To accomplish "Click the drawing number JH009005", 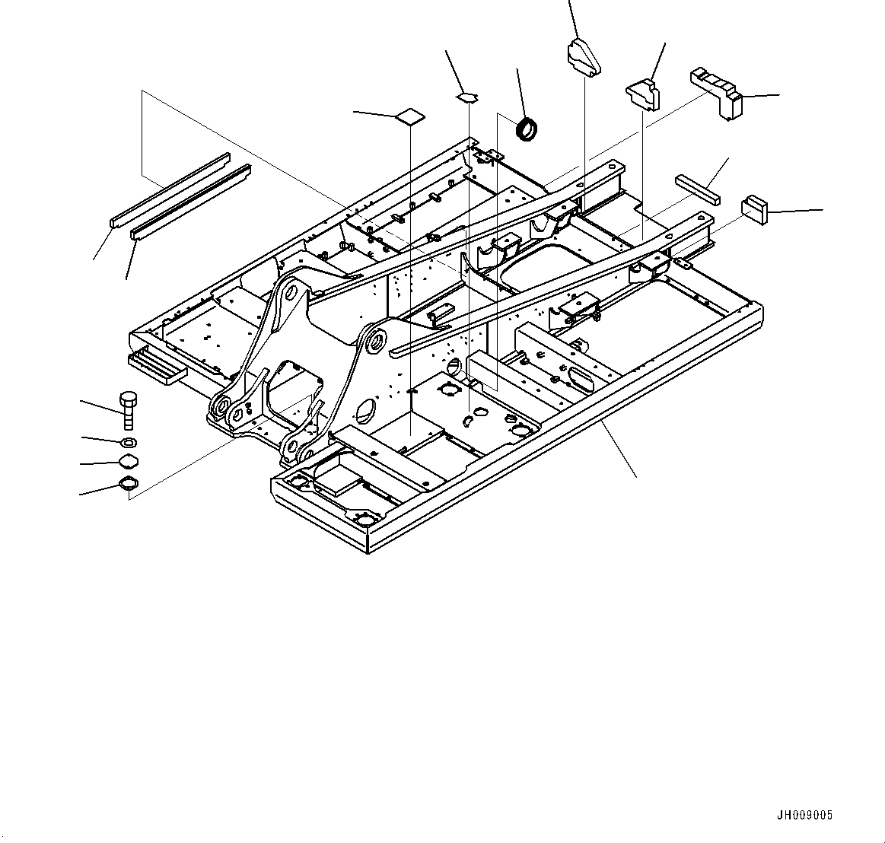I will click(x=804, y=815).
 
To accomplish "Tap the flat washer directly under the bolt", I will click(x=128, y=442).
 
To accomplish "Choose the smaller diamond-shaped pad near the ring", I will click(x=468, y=96).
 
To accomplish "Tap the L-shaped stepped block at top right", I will click(x=716, y=91).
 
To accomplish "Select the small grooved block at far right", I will click(x=754, y=209).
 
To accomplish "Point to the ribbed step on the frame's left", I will click(x=158, y=366).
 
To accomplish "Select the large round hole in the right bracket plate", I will click(x=365, y=412).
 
